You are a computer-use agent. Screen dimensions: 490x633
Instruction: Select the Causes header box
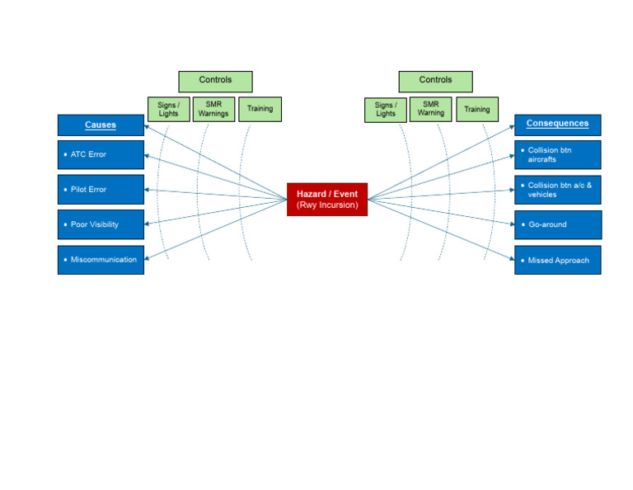(x=101, y=125)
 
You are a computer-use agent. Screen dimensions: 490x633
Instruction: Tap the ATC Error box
(x=101, y=154)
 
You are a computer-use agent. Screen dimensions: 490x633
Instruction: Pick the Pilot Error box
(x=101, y=190)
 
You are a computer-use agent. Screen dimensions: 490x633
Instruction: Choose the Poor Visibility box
(x=101, y=224)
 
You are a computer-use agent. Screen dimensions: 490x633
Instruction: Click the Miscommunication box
(x=101, y=260)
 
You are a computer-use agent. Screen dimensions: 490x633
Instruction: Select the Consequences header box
(x=557, y=125)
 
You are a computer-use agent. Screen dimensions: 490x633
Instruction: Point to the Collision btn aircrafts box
(x=557, y=154)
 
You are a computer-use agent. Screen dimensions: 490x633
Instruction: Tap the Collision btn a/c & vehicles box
(x=557, y=190)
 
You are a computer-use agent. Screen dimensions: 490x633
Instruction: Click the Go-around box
(x=557, y=224)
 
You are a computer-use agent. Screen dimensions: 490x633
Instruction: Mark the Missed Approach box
(x=557, y=260)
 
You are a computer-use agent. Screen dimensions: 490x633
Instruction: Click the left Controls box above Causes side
(x=215, y=81)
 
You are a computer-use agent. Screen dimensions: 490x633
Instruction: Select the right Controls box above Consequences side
(x=435, y=81)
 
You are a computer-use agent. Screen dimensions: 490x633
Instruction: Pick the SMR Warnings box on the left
(x=213, y=109)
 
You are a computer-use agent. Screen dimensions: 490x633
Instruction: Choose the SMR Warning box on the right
(x=430, y=109)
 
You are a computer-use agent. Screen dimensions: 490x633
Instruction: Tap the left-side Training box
(x=260, y=109)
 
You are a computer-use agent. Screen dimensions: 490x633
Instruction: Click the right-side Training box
(x=476, y=109)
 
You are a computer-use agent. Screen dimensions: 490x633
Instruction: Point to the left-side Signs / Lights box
(x=168, y=109)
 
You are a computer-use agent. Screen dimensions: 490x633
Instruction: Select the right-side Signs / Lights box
(x=385, y=110)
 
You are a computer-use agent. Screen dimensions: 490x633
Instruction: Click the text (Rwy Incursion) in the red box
(x=327, y=205)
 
